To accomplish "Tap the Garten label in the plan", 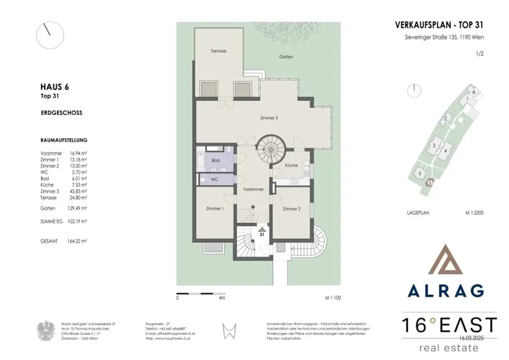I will [x=286, y=57].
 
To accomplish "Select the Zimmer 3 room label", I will [x=269, y=118].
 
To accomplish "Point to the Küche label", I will [x=291, y=166].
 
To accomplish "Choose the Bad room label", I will [x=215, y=161].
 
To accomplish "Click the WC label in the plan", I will [x=215, y=179].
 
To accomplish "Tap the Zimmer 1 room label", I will [x=215, y=209].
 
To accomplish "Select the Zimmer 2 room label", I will [x=292, y=209].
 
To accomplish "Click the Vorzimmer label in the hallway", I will [x=253, y=190].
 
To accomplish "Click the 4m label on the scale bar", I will [x=222, y=299].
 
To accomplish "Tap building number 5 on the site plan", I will [x=420, y=173].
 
